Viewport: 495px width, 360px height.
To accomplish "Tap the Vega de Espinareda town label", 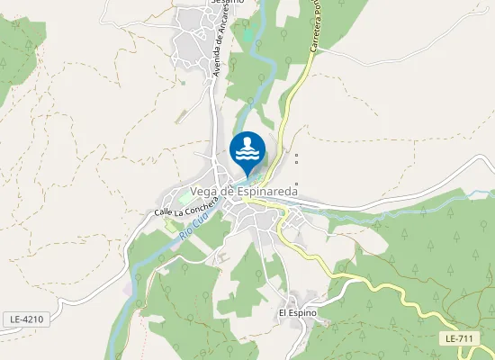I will tap(250, 190).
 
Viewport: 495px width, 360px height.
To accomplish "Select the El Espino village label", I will tap(298, 312).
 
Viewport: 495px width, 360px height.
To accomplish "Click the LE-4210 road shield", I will tap(27, 319).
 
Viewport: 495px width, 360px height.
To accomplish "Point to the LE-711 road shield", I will tap(459, 337).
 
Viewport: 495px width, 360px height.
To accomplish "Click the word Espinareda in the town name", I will tap(274, 190).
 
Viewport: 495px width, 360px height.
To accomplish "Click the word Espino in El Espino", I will tap(306, 312).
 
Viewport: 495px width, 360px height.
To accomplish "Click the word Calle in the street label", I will tap(163, 212).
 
